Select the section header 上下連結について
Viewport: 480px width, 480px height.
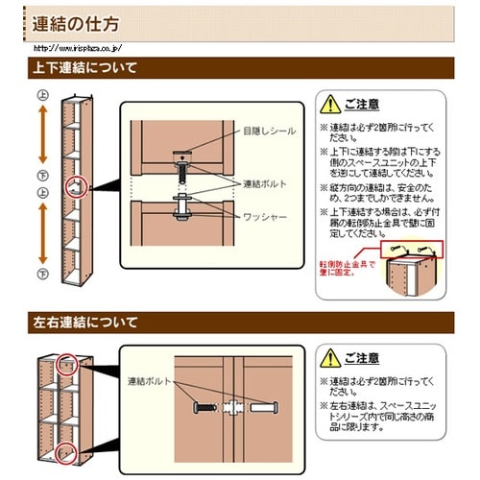[85, 68]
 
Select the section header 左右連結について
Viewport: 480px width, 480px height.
[85, 322]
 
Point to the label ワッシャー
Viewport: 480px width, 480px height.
[266, 217]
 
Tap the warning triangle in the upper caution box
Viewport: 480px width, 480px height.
[329, 103]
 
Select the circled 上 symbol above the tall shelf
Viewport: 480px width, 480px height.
[42, 96]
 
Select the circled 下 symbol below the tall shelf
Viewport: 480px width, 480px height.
[42, 275]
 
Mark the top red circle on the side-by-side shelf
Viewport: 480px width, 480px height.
[65, 364]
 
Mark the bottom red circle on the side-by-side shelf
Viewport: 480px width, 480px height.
[65, 452]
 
